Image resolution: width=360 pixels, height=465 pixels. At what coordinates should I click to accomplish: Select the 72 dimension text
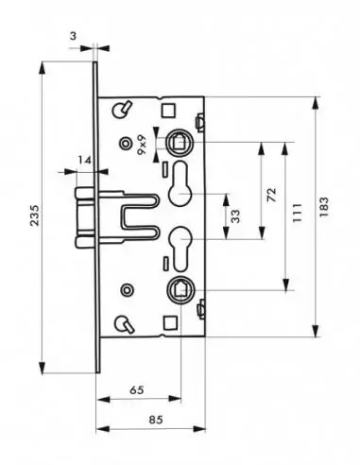point(271,196)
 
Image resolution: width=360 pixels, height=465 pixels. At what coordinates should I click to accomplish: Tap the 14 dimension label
point(84,161)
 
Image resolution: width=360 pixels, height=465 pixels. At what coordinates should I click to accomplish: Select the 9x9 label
point(142,145)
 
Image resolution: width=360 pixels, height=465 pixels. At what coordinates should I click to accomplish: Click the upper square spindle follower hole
point(179,144)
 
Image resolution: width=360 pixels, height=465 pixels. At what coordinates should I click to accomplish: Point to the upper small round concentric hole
point(125,143)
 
